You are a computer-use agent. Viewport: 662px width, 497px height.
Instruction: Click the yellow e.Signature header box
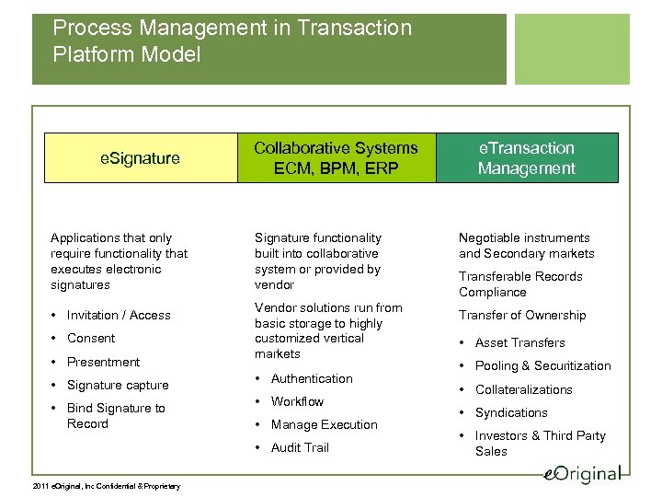point(140,158)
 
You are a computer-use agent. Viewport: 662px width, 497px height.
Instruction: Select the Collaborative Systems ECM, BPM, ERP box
point(335,158)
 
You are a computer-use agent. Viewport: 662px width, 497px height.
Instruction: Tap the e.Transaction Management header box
point(526,158)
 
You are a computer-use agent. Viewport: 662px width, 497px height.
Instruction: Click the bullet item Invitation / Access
point(119,315)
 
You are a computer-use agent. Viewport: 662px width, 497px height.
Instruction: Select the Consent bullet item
point(91,338)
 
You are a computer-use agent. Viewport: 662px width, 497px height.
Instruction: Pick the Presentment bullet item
point(103,362)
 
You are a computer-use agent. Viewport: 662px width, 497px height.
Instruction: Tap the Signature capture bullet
point(118,385)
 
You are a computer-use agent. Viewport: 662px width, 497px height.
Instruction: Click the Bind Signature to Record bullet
point(116,416)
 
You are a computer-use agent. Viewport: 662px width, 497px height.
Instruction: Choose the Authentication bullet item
point(312,378)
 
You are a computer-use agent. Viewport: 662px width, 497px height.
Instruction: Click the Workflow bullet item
point(297,401)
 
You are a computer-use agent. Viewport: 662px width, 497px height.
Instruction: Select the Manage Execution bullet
point(324,424)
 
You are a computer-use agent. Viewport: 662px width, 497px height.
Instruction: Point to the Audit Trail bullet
point(300,447)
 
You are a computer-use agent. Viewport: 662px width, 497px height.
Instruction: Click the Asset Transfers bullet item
point(519,342)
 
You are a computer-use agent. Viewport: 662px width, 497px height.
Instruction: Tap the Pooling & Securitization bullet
point(542,365)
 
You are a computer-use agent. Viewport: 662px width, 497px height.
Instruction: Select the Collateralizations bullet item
point(523,389)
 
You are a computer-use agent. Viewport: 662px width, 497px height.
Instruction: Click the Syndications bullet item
point(510,412)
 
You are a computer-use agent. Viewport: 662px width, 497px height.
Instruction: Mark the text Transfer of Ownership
point(522,315)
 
